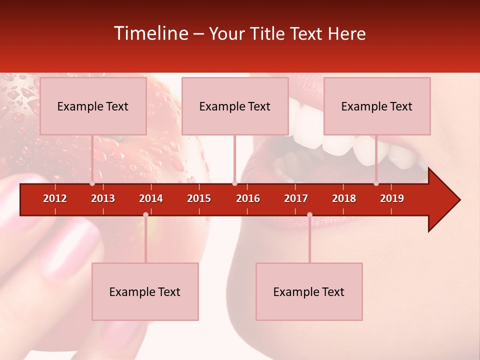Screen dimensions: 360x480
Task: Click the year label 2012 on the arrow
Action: tap(55, 198)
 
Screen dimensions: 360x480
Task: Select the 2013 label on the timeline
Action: tap(103, 198)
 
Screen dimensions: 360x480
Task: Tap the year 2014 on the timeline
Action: tap(151, 198)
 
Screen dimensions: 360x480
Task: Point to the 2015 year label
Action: tap(199, 198)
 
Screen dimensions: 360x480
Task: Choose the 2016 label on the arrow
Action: tap(248, 198)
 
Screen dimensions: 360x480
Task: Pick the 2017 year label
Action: tap(296, 198)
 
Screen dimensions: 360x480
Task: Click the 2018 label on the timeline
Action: tap(344, 198)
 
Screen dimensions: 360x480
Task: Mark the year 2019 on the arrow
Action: tap(392, 198)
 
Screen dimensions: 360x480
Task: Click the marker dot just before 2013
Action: tap(92, 183)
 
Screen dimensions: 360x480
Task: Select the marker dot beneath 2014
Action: tap(145, 214)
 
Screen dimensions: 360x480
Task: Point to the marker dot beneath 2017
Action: tap(309, 214)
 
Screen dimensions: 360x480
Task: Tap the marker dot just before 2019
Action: tap(376, 183)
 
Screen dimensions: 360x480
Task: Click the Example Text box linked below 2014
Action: tap(145, 291)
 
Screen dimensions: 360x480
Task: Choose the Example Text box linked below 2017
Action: tap(309, 291)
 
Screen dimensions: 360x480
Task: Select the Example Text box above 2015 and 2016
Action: tap(235, 106)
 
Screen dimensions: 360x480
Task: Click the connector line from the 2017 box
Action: tap(309, 240)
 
